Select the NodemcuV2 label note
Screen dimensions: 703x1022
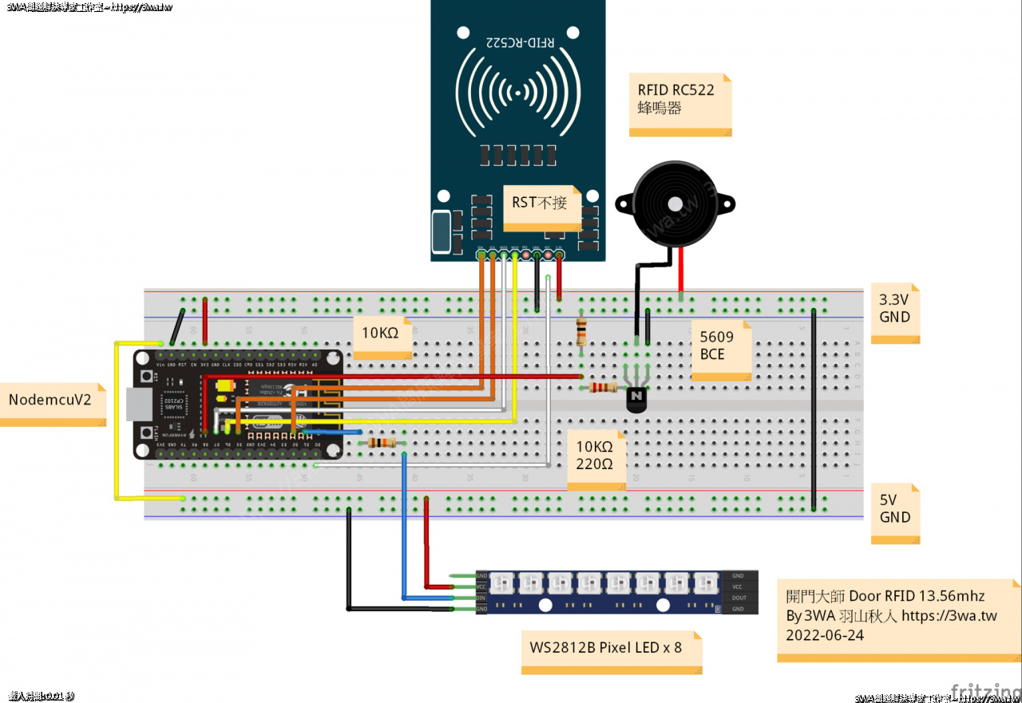click(x=53, y=399)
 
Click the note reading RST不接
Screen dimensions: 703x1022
click(x=540, y=203)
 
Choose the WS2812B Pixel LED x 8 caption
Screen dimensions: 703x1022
click(x=606, y=647)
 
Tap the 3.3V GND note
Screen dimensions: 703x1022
click(x=894, y=309)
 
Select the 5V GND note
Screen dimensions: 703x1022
click(x=894, y=509)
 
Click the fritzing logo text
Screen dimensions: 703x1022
click(x=983, y=692)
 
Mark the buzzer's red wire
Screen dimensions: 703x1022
click(x=680, y=271)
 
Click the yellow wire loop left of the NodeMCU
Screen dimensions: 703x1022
click(x=117, y=423)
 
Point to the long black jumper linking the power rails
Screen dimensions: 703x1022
click(x=814, y=407)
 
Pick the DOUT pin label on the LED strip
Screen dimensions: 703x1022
click(x=739, y=598)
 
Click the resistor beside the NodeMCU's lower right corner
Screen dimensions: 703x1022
click(x=382, y=443)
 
